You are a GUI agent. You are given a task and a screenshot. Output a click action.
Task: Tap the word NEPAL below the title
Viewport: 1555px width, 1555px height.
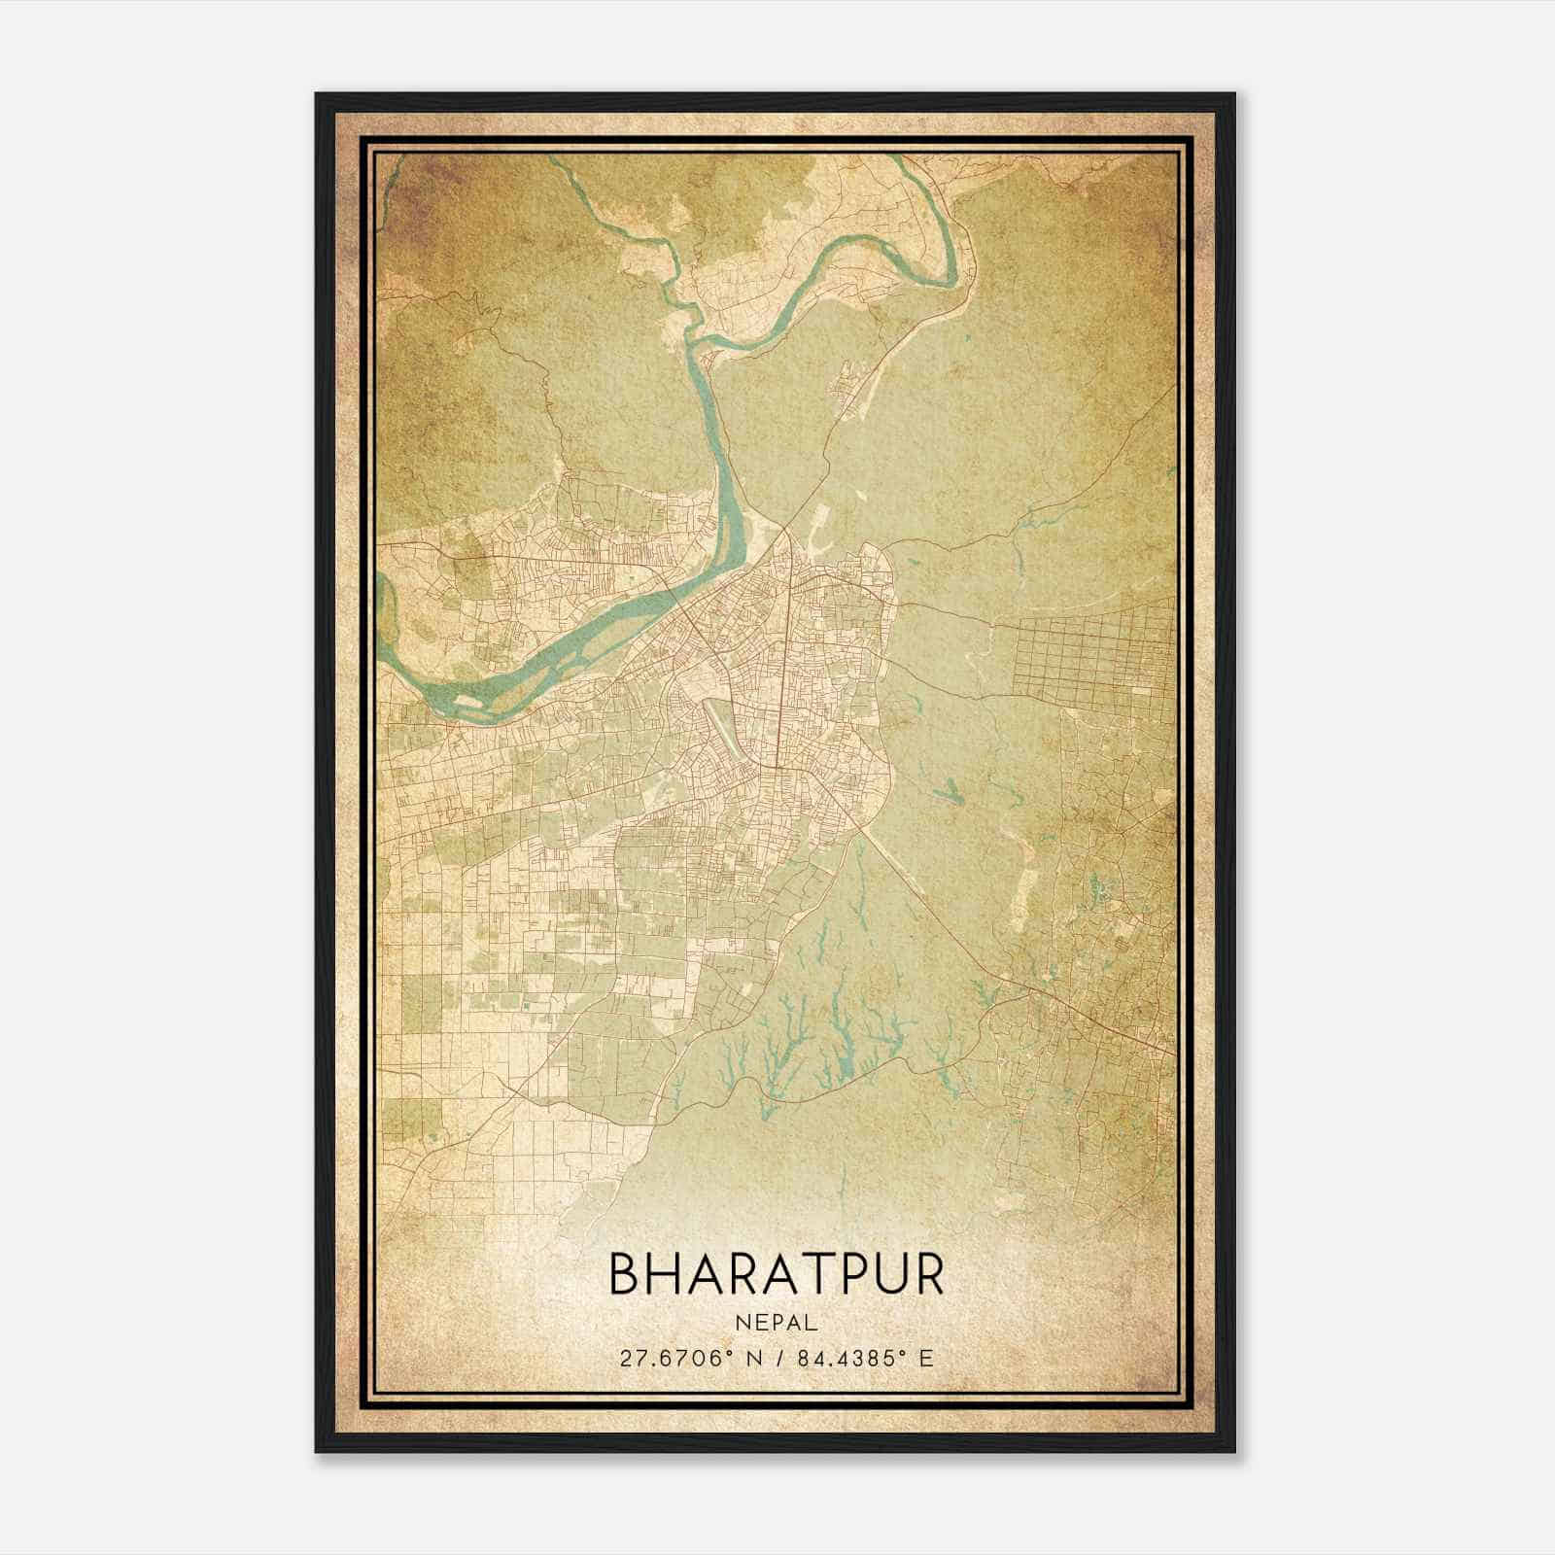(x=776, y=1323)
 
